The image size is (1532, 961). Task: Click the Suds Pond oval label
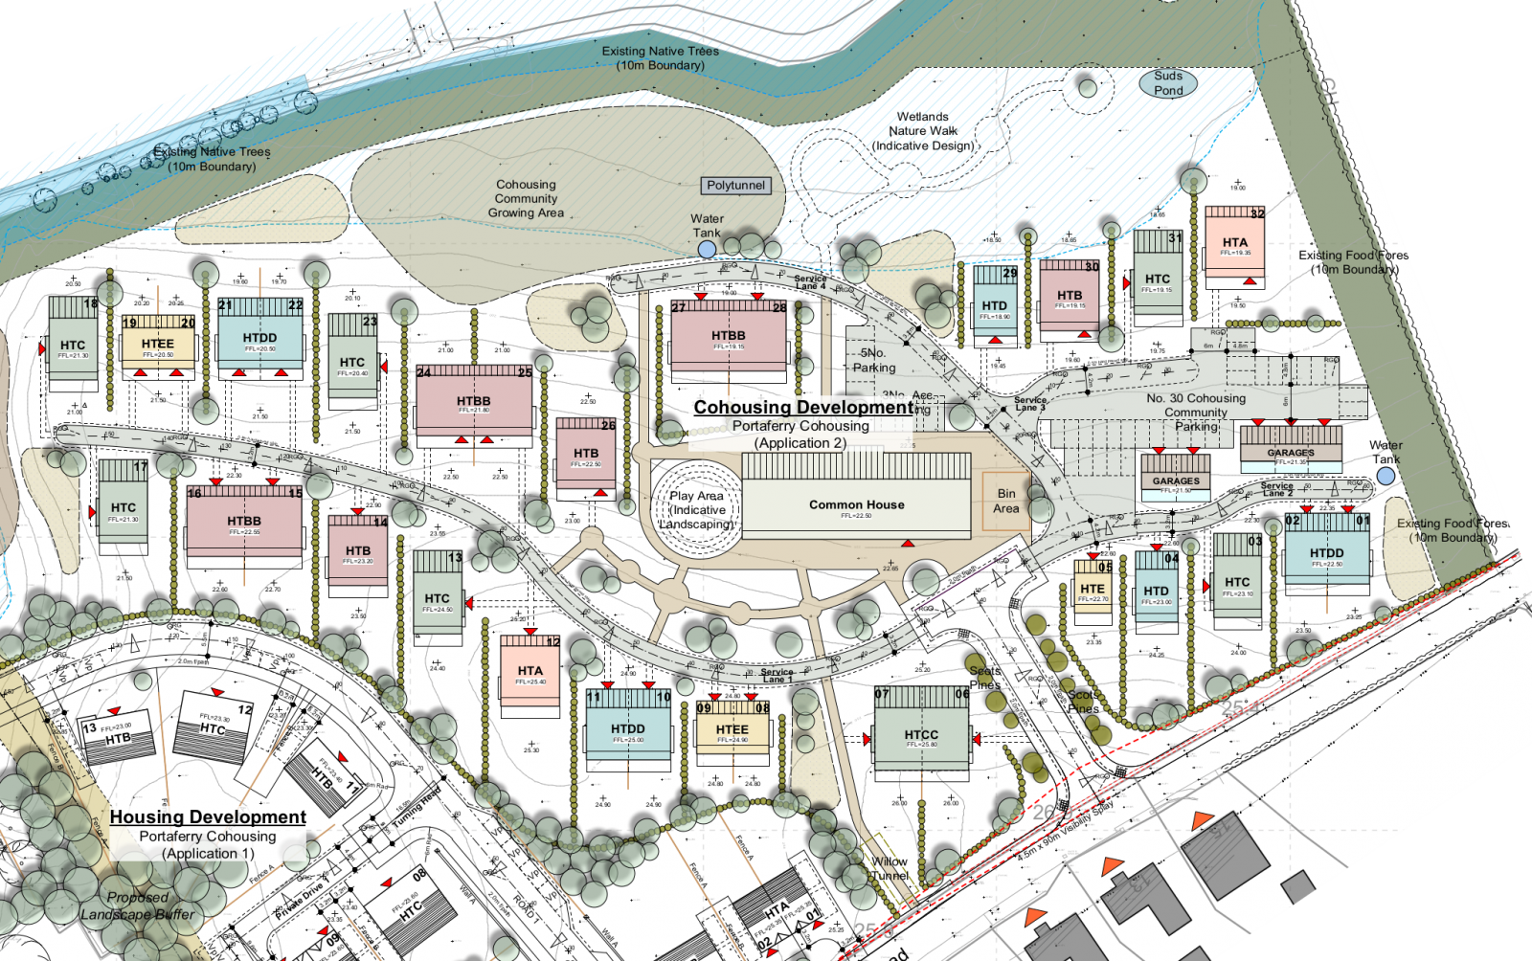1167,83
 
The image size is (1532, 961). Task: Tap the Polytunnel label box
735,185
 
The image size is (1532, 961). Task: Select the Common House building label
856,504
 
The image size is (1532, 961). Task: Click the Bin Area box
1005,501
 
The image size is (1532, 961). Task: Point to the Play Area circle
696,509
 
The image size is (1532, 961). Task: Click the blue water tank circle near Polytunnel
707,249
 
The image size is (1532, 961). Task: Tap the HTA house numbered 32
1234,246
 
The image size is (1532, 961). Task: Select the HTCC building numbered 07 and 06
921,734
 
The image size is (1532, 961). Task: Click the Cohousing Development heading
803,407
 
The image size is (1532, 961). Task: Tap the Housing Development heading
208,816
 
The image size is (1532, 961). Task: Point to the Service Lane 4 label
809,281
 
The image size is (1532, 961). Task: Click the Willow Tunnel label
890,868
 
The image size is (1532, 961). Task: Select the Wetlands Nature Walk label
922,131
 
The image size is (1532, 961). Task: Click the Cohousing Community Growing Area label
526,198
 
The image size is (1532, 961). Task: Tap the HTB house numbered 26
586,456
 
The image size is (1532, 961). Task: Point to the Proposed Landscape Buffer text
137,905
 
